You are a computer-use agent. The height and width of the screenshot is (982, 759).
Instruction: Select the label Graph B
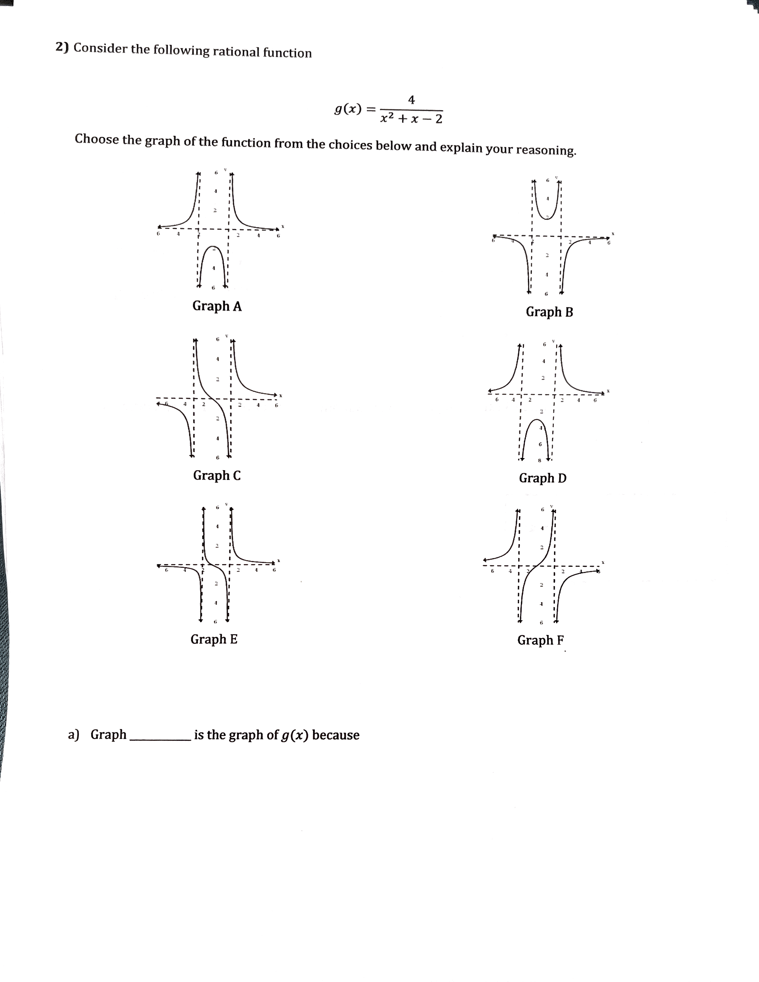549,312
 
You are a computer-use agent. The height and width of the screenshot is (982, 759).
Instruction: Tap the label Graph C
217,475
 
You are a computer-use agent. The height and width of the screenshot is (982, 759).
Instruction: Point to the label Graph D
542,478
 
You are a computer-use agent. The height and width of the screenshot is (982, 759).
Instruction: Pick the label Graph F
540,640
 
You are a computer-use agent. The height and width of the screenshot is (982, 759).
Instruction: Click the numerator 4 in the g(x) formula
411,100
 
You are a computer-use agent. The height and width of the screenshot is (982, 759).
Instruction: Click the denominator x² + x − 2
411,119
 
